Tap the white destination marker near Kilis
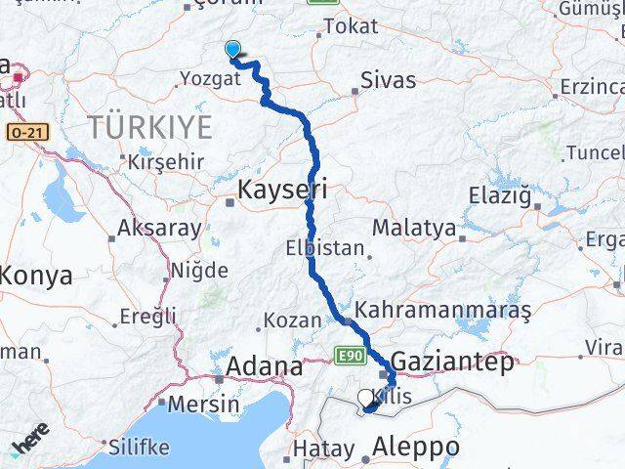[x=366, y=398]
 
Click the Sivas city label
[x=388, y=80]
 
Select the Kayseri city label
[x=284, y=188]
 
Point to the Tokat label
[x=350, y=26]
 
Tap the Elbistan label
[x=324, y=248]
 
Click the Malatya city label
[x=414, y=229]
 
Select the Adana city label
[x=264, y=367]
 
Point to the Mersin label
[x=203, y=403]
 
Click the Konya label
[x=35, y=276]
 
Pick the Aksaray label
[x=159, y=229]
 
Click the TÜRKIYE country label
[x=149, y=126]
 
